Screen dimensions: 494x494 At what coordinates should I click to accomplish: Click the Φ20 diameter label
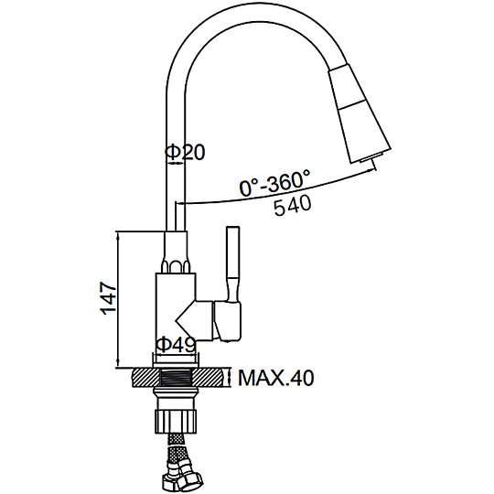tap(185, 152)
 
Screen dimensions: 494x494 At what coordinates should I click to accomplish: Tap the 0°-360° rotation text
tap(274, 183)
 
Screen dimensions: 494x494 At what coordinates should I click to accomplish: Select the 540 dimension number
tap(293, 206)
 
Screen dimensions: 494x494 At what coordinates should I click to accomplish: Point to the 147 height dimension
tap(108, 298)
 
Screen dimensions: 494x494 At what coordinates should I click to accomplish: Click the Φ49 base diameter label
tap(177, 344)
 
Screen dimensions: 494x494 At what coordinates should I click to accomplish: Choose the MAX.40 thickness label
tap(276, 378)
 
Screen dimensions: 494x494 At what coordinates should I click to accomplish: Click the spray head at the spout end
tap(360, 113)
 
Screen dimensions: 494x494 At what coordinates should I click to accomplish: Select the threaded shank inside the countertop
tap(177, 378)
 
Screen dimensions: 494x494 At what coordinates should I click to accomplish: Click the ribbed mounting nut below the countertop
tap(177, 421)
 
